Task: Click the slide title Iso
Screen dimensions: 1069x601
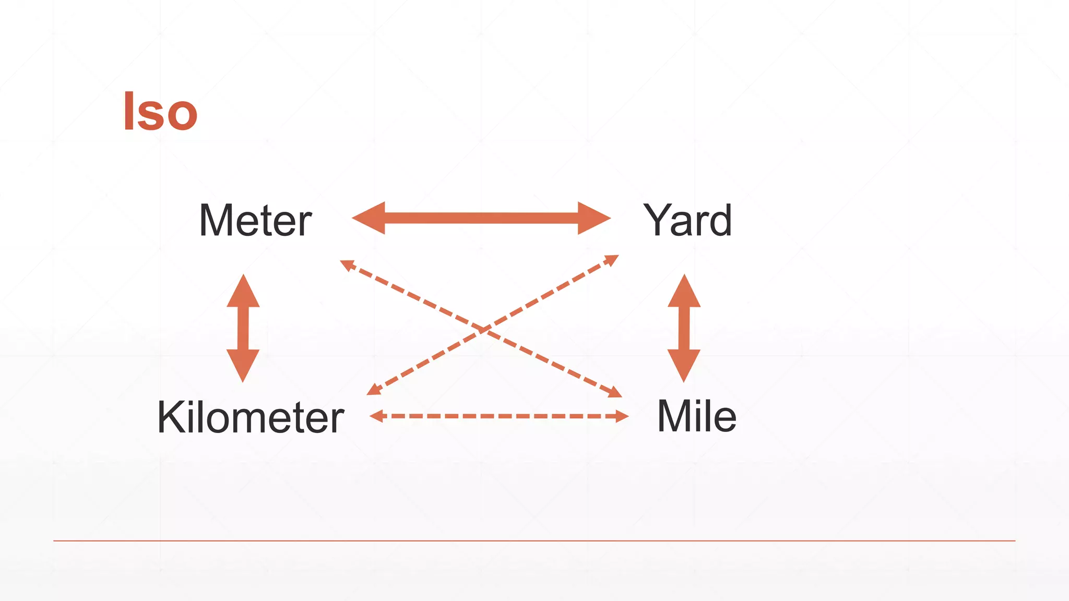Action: (160, 111)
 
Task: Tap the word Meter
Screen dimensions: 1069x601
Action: (255, 221)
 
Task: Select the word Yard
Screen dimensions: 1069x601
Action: (687, 221)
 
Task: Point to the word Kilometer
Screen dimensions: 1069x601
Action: (251, 417)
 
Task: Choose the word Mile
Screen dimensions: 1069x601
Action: (696, 416)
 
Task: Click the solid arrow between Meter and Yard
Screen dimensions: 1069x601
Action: (481, 218)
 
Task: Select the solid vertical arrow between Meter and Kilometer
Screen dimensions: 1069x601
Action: (243, 328)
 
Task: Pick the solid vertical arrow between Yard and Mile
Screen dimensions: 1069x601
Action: (684, 328)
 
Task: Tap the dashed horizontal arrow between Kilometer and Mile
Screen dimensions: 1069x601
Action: (499, 416)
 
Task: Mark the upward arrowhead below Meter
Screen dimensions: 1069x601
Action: (243, 292)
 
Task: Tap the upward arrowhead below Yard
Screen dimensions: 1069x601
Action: (684, 292)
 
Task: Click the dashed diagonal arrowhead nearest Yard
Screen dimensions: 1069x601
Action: (612, 259)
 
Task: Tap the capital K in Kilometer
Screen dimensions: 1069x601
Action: (172, 417)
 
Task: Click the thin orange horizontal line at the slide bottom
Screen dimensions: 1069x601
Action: (534, 540)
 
